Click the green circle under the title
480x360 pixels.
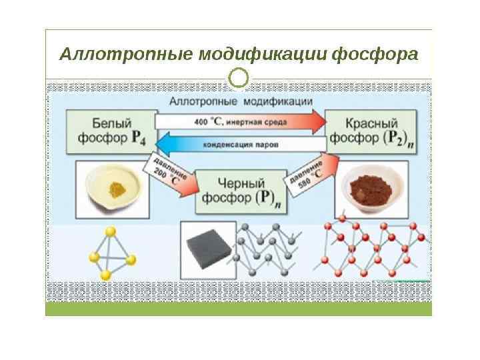coord(239,78)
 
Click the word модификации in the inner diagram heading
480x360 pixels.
coord(279,102)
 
